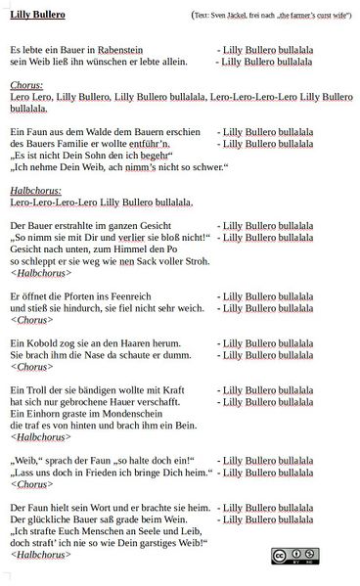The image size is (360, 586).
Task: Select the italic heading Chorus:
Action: pyautogui.click(x=27, y=85)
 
